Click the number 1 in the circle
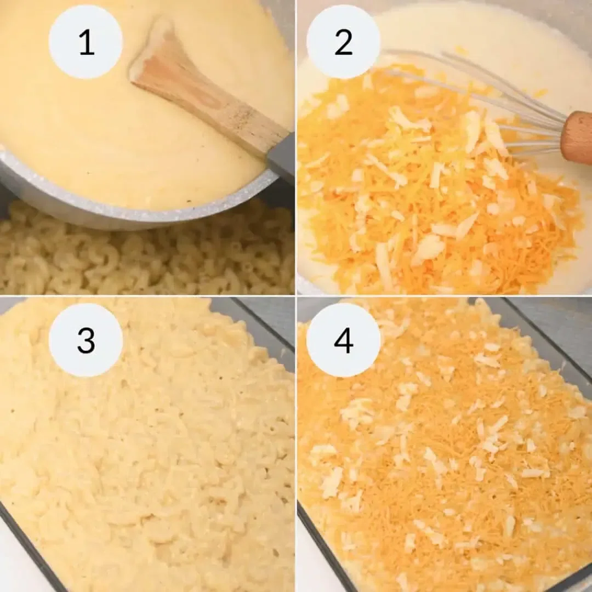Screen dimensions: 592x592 86,42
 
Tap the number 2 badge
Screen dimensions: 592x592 343,42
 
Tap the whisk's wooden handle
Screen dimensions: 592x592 577,137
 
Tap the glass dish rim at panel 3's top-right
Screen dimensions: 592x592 263,323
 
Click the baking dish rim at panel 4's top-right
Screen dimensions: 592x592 548,340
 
